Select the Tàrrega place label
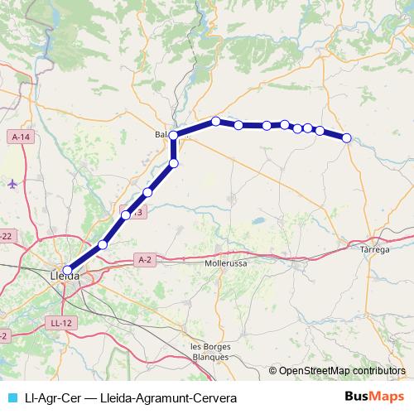click(x=375, y=248)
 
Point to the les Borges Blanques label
click(x=209, y=351)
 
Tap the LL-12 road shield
click(x=60, y=323)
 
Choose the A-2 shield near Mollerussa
click(x=145, y=259)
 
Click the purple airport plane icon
click(x=12, y=183)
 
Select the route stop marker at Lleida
click(x=68, y=268)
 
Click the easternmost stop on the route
click(x=347, y=138)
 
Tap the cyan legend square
click(x=11, y=397)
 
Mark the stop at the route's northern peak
click(x=216, y=122)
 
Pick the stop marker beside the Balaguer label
click(x=174, y=135)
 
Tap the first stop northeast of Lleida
click(x=103, y=244)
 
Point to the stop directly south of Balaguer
click(x=174, y=163)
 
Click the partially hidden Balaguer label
click(x=161, y=134)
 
